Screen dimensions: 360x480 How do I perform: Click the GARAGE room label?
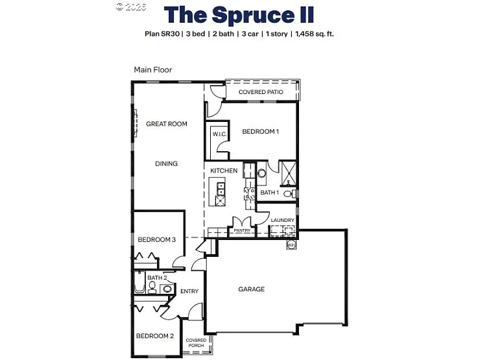click(251, 289)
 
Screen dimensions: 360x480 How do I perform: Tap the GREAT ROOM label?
click(166, 124)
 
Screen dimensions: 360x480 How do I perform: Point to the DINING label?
click(166, 163)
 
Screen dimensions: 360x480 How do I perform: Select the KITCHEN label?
click(224, 171)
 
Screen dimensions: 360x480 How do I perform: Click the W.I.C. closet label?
click(218, 134)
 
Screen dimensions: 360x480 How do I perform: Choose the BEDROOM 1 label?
click(260, 132)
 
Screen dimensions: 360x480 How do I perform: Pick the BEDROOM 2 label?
click(154, 336)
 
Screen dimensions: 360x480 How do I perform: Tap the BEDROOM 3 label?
click(156, 239)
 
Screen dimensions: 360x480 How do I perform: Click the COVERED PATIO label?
click(261, 92)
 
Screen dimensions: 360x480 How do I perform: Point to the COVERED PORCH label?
click(196, 342)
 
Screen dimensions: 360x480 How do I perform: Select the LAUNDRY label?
click(283, 221)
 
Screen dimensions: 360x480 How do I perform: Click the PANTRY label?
click(242, 230)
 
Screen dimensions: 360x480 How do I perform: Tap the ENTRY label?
click(189, 291)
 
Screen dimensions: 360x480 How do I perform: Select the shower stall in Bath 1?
click(287, 171)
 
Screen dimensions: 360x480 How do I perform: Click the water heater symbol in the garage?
click(291, 245)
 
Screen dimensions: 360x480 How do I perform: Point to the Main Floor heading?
click(153, 69)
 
